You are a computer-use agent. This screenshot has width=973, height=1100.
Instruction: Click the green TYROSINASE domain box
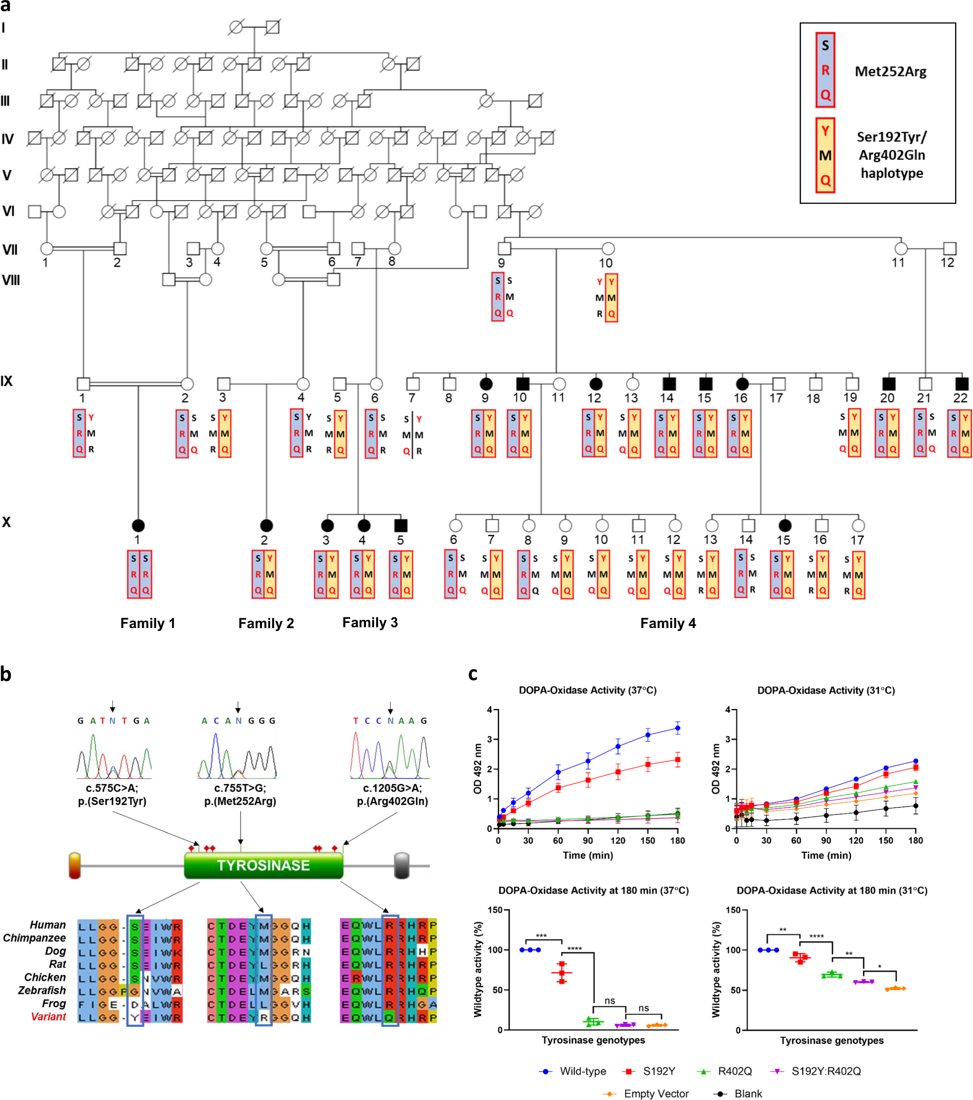pos(263,866)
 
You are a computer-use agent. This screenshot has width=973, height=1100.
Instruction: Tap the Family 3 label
pos(370,623)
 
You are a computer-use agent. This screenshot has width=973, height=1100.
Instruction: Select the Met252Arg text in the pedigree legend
pos(890,71)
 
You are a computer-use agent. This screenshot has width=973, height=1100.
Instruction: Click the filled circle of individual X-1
pos(138,525)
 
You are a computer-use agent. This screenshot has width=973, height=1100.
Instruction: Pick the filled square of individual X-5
pos(401,525)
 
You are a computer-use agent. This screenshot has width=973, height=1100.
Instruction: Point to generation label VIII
pos(10,280)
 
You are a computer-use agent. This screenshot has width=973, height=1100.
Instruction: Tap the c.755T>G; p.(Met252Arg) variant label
pos(240,794)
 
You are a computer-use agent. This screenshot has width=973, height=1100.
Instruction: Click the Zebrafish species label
pos(42,990)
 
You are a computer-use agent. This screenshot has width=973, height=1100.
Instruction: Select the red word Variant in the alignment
pos(48,1016)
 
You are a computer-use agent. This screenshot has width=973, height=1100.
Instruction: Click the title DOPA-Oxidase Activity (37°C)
pos(587,691)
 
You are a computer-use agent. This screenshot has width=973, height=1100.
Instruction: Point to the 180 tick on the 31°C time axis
pos(915,841)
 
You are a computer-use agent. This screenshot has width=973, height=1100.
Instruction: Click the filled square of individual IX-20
pos(888,384)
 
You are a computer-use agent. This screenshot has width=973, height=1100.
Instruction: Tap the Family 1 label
pos(147,623)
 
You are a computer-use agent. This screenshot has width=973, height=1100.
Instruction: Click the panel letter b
pos(7,674)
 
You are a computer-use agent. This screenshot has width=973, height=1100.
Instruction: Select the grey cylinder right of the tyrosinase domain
pos(402,866)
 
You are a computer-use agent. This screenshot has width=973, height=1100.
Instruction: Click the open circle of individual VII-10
pos(608,249)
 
